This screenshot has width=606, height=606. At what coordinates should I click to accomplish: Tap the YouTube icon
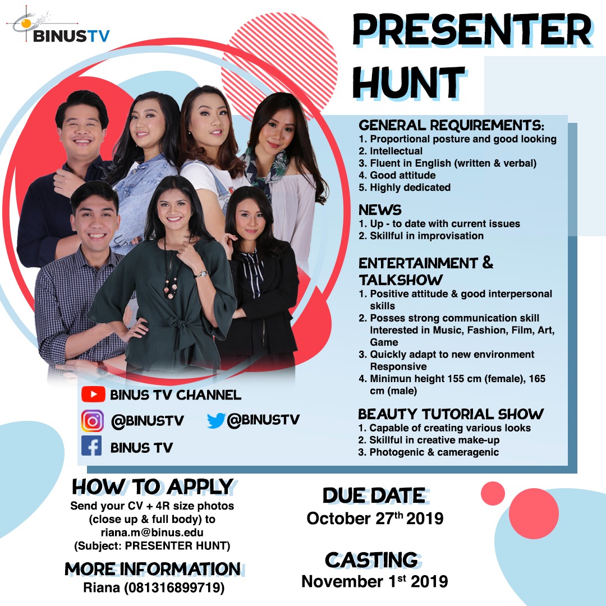click(93, 394)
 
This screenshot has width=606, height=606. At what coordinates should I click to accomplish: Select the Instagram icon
click(93, 420)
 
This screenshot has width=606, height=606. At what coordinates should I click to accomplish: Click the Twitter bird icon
click(216, 420)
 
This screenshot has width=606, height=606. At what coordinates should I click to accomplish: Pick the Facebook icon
click(91, 446)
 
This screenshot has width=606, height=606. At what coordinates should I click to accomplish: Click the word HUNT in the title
click(408, 82)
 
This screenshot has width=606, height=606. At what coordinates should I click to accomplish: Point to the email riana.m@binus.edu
click(152, 532)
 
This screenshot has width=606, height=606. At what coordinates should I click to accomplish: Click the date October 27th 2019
click(375, 518)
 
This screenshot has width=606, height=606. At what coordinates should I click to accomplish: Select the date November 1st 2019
click(374, 581)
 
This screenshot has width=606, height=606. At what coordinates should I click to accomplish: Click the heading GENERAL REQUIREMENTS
click(451, 125)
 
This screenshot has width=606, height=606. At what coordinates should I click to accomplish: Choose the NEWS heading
click(380, 210)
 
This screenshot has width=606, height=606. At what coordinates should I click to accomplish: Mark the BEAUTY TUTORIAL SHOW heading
click(451, 414)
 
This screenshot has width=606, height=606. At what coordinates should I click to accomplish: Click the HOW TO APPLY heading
click(153, 486)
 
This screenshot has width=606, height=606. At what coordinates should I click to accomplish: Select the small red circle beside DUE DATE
click(493, 494)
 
